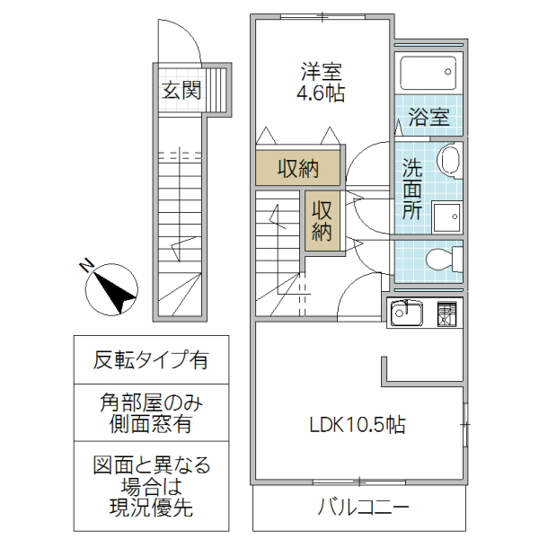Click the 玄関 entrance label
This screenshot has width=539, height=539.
coord(181,90)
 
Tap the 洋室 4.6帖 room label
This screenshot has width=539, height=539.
coord(321,81)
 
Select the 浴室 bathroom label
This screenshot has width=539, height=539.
coord(428,117)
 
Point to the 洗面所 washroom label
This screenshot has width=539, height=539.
coord(412,189)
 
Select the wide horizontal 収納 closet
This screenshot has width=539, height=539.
coord(297,168)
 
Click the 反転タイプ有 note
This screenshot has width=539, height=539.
coord(151,360)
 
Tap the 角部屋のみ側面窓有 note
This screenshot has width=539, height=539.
coord(151,413)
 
